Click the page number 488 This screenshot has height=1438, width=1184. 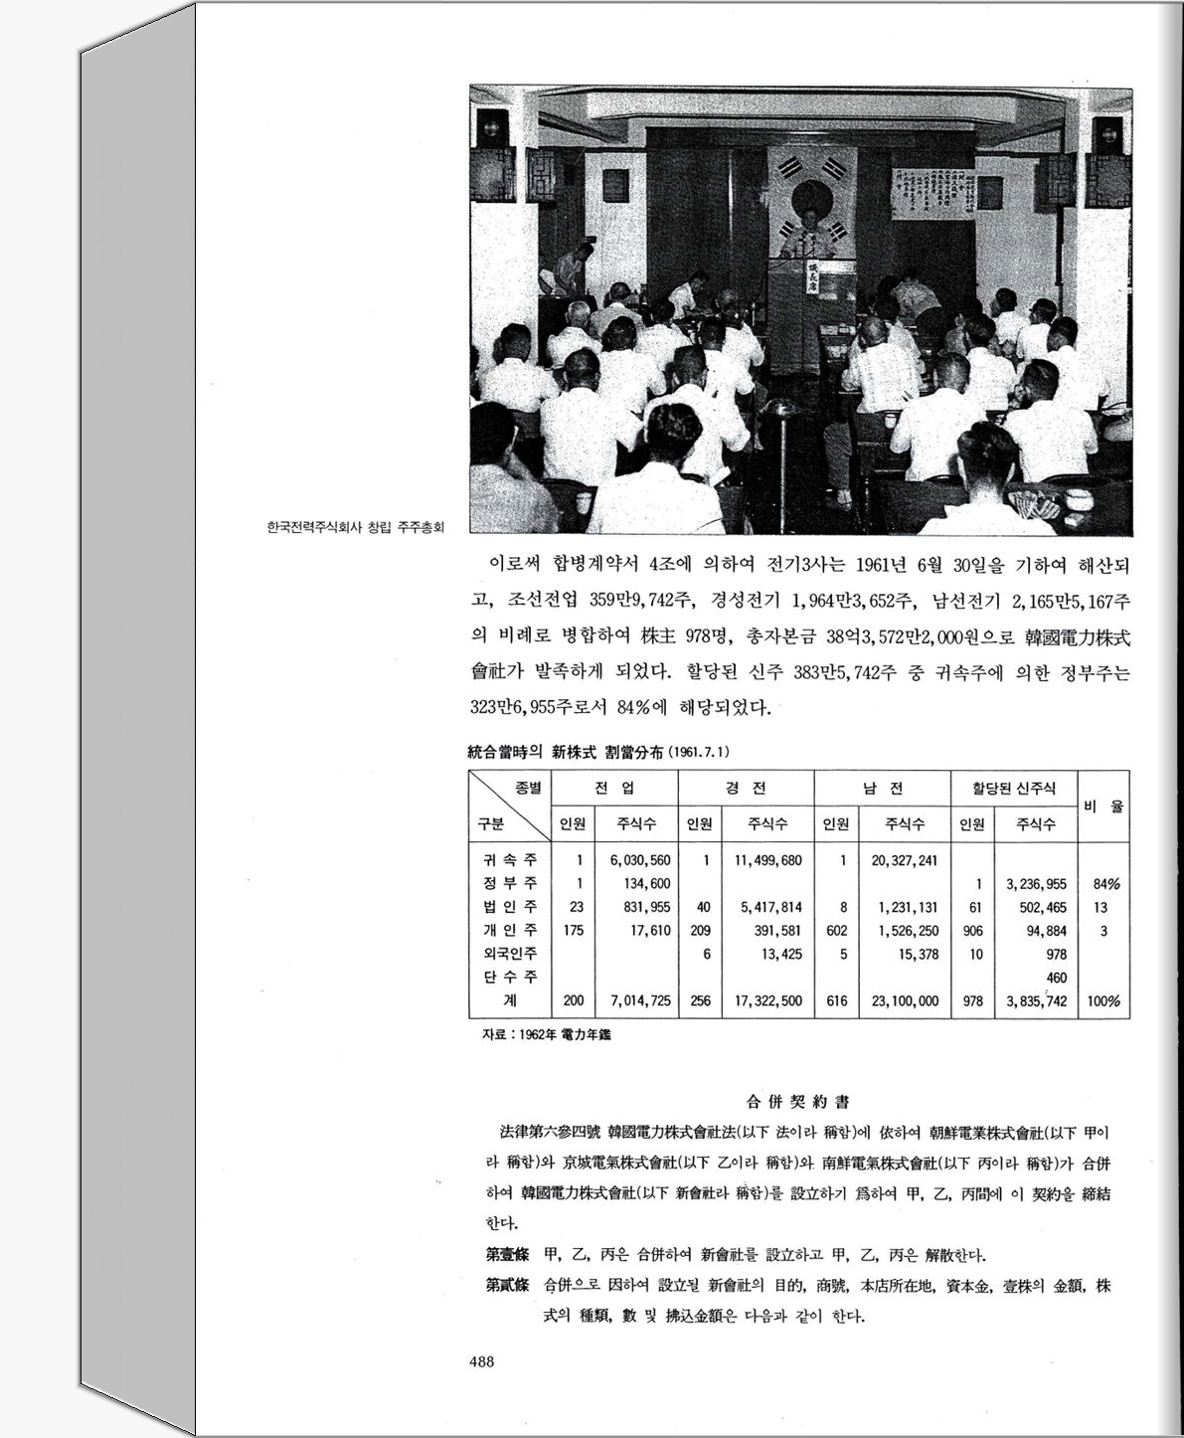click(x=481, y=1361)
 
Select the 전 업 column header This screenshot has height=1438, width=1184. click(x=614, y=789)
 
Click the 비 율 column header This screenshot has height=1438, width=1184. click(x=1103, y=806)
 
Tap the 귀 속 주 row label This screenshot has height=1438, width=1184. click(x=510, y=859)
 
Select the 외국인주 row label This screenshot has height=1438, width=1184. click(x=510, y=954)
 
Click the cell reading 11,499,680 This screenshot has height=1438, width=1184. click(x=767, y=859)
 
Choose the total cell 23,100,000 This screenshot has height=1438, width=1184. click(x=905, y=1000)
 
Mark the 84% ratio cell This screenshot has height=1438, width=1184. click(x=1105, y=883)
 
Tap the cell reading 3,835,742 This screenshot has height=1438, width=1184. click(x=1036, y=1000)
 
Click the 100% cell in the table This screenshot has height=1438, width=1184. click(x=1103, y=1000)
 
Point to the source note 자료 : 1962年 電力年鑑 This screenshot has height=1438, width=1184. click(x=546, y=1035)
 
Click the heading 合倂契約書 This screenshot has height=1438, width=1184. click(x=797, y=1102)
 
